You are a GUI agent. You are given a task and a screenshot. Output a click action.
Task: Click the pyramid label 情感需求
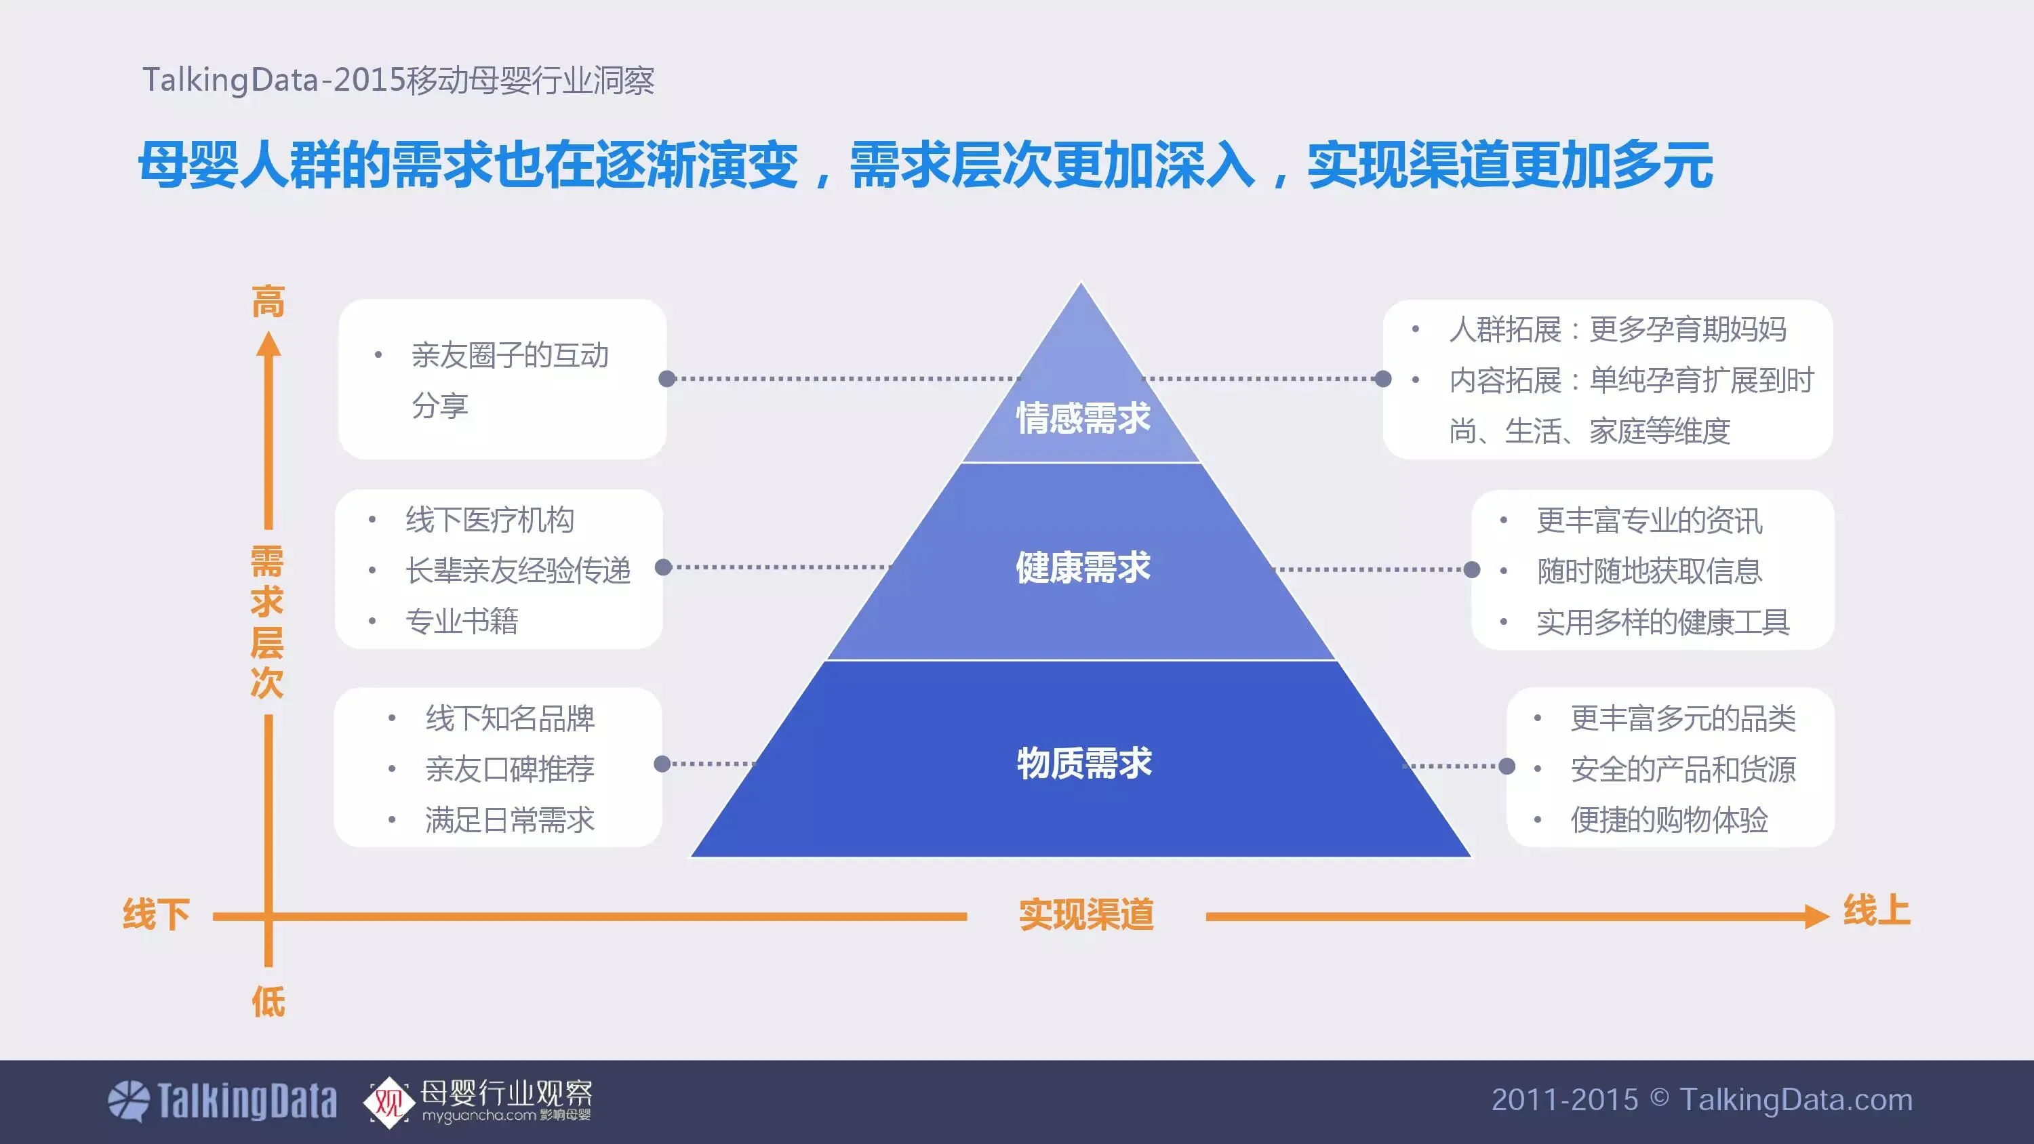coord(1083,417)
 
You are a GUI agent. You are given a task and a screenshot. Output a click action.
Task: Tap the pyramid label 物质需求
coord(1083,763)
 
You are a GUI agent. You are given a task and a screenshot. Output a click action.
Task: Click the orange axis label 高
coord(268,302)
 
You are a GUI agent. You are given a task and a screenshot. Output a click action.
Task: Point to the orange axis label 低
coord(268,1002)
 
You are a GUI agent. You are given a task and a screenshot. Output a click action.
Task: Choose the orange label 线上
coord(1876,911)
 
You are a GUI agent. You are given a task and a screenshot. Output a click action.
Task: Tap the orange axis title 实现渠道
coord(1085,914)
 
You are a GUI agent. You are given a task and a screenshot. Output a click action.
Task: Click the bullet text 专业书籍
coord(461,621)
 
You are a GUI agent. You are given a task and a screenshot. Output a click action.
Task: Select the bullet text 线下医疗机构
coord(490,520)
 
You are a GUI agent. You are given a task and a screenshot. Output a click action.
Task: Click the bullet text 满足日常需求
coord(509,820)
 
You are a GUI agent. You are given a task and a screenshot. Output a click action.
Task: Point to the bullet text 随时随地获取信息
coord(1649,571)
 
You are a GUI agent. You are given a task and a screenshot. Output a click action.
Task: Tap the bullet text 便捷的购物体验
coord(1669,820)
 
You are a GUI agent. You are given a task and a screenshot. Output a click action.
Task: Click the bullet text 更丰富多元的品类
coord(1683,718)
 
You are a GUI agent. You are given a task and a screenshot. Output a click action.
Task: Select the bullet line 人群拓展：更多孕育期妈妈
coord(1617,329)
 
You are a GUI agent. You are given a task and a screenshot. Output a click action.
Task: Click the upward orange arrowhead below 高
coord(268,344)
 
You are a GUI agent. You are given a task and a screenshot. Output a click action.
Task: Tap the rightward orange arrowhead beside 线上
coord(1816,916)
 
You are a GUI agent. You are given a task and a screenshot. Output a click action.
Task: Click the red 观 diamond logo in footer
coord(388,1101)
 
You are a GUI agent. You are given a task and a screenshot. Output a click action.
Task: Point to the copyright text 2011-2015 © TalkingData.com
coord(1702,1100)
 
